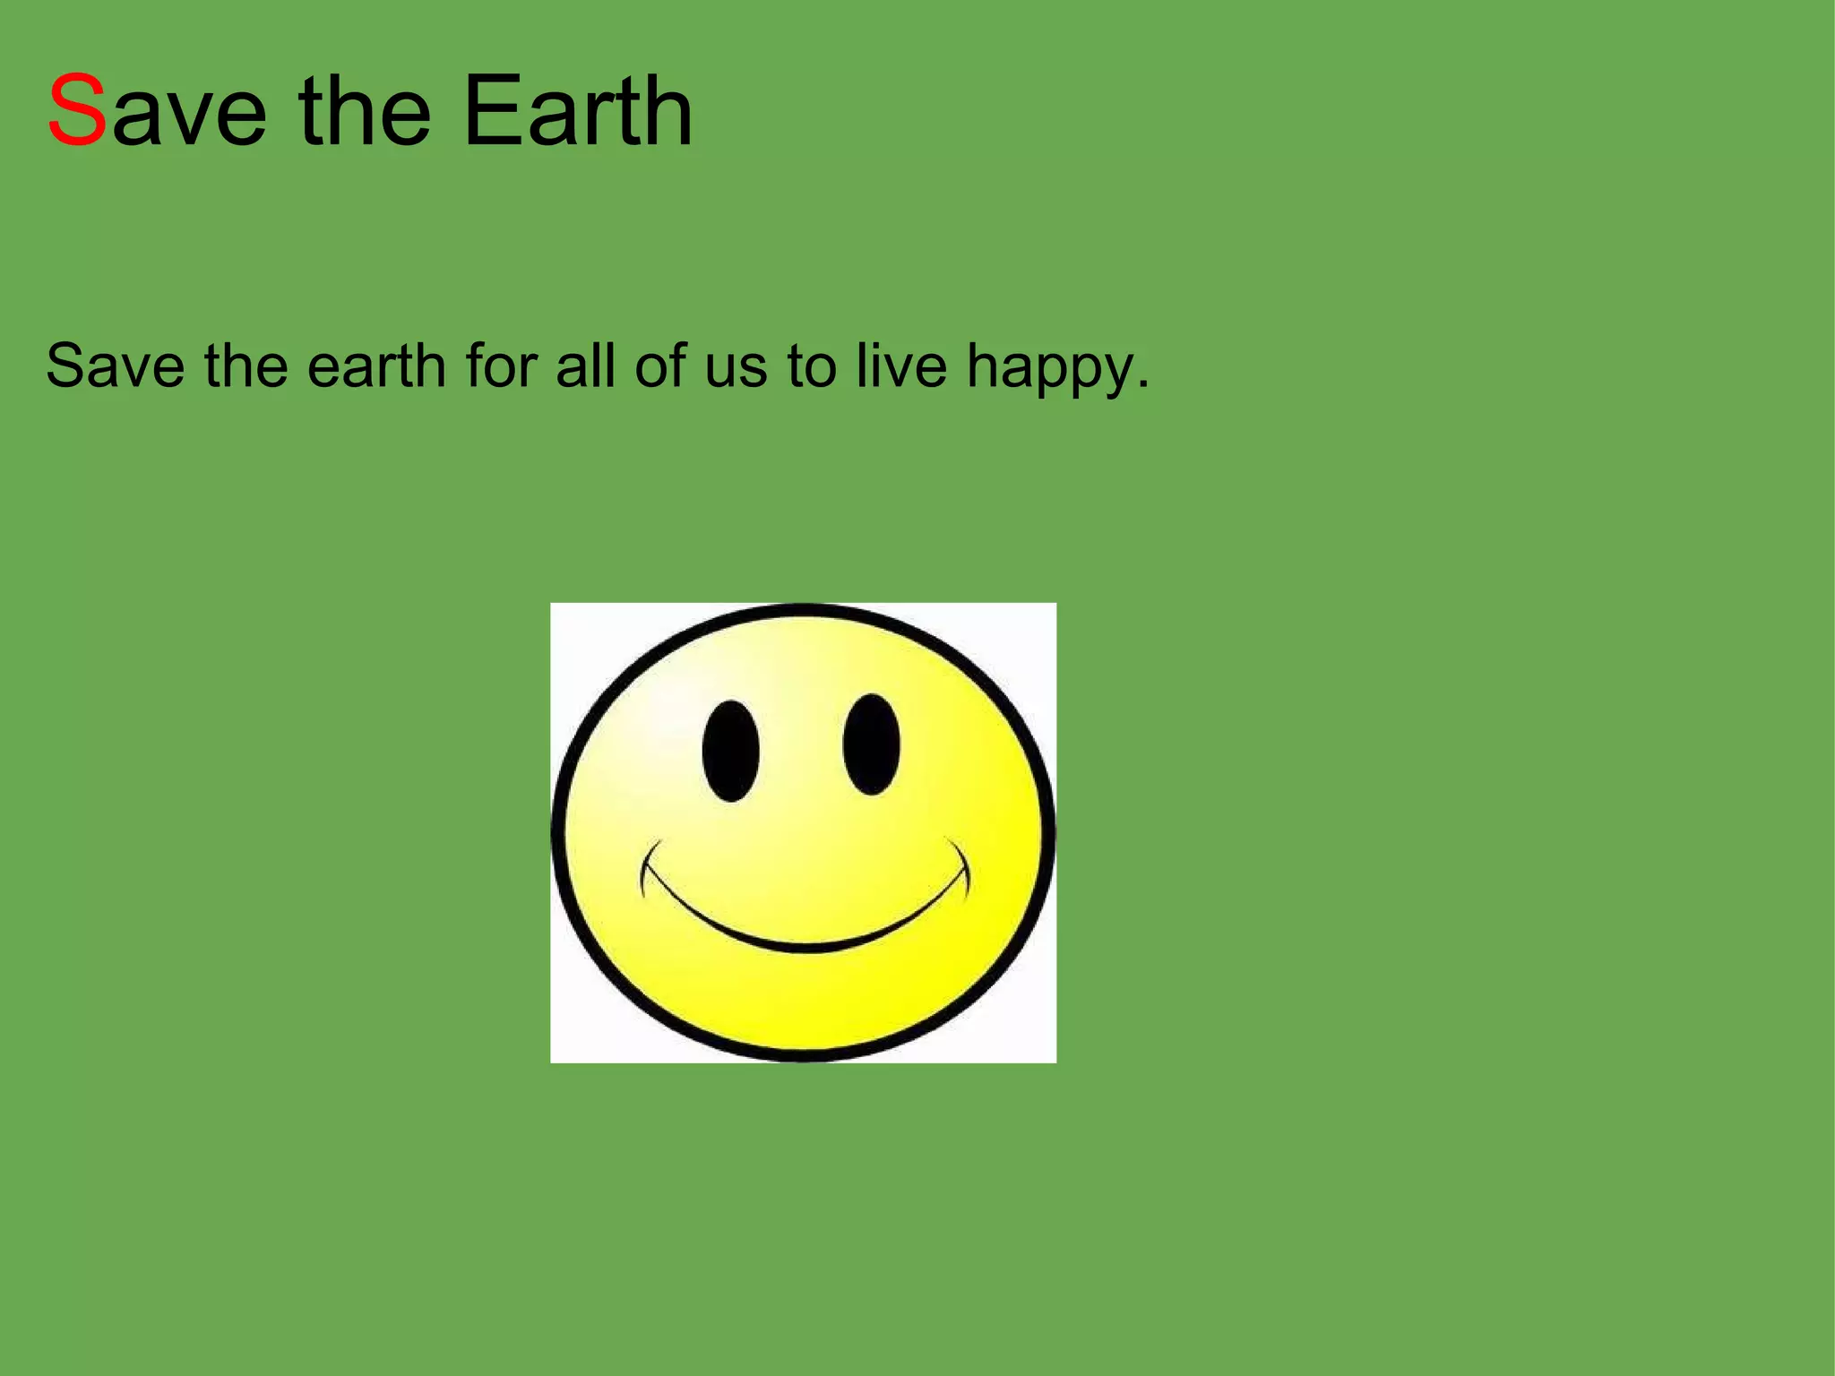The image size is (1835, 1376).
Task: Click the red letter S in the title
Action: (77, 111)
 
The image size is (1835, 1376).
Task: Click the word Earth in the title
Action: (578, 111)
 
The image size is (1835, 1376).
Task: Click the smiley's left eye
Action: (730, 751)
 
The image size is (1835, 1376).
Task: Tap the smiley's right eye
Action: (871, 744)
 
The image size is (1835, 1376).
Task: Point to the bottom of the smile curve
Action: (806, 946)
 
